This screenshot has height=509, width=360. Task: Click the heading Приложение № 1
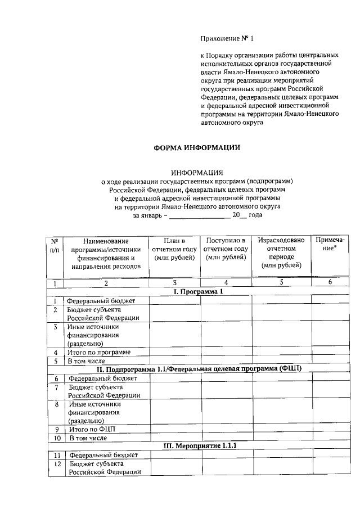(227, 39)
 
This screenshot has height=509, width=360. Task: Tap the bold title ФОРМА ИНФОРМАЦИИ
(197, 148)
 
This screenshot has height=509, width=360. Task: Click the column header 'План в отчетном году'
(174, 249)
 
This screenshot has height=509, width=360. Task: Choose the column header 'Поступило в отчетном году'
(226, 249)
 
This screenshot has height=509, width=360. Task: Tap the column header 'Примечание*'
(330, 245)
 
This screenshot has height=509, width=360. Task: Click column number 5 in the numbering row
(281, 283)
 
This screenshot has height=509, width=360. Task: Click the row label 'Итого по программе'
(99, 352)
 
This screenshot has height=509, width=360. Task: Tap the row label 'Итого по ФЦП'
(90, 429)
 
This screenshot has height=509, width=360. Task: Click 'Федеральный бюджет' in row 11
(102, 455)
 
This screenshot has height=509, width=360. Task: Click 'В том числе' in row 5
(86, 361)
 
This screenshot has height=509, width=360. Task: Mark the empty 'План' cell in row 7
(174, 391)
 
